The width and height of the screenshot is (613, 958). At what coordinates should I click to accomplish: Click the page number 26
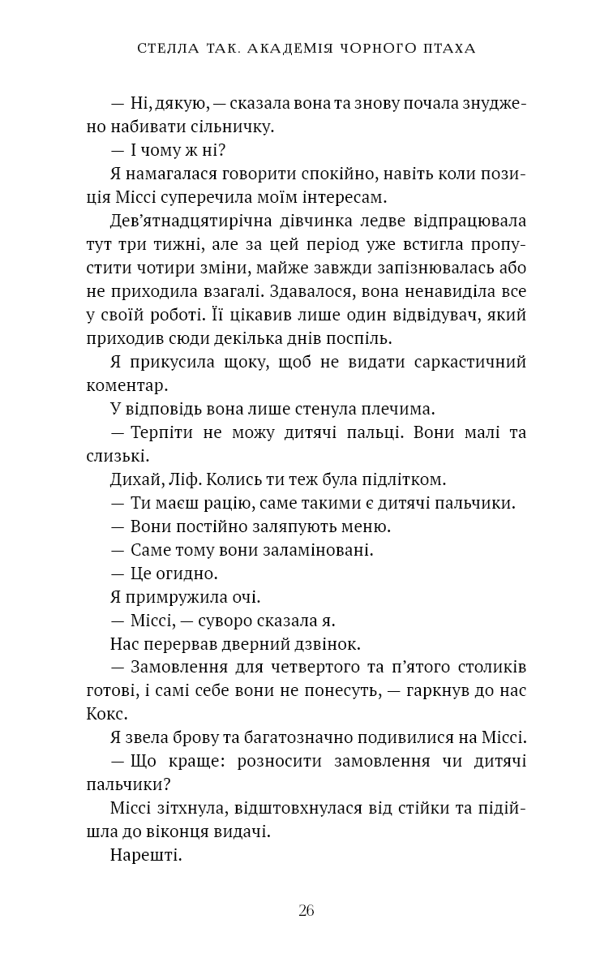[306, 910]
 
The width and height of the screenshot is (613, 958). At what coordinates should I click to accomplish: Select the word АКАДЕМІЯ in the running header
[296, 49]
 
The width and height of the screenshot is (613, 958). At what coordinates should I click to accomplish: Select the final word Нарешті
[144, 855]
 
